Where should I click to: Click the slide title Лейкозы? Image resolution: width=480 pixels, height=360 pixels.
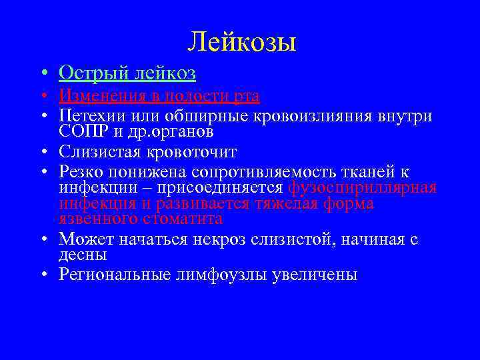(x=241, y=43)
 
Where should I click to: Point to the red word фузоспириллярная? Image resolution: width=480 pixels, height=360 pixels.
(x=362, y=187)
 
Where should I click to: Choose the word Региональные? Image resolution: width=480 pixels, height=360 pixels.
(x=108, y=274)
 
